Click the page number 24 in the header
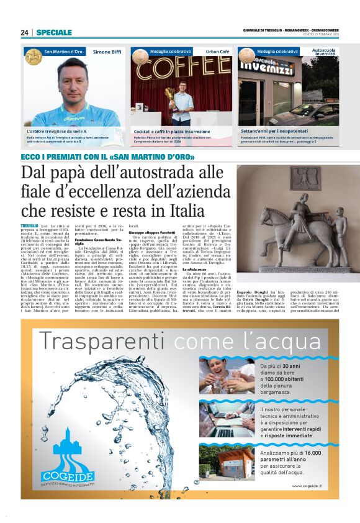[x=24, y=32]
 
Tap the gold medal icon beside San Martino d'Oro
[x=33, y=57]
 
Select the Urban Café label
[x=217, y=52]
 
